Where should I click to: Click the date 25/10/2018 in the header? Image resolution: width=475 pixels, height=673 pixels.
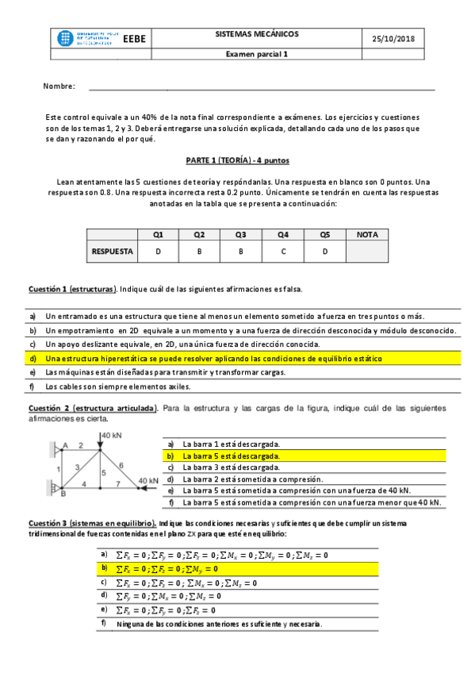pyautogui.click(x=393, y=39)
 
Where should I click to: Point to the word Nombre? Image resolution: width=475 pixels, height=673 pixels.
pyautogui.click(x=59, y=86)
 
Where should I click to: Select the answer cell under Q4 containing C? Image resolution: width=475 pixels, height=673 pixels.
pyautogui.click(x=283, y=252)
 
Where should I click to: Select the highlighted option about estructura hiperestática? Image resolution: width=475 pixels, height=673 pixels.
pyautogui.click(x=213, y=359)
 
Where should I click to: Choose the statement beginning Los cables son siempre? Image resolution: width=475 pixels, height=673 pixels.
pyautogui.click(x=118, y=386)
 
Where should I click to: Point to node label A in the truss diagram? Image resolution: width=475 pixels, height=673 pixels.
pyautogui.click(x=66, y=444)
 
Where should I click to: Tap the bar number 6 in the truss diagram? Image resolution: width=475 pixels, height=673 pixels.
pyautogui.click(x=121, y=465)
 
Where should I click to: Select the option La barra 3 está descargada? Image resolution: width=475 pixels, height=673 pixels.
pyautogui.click(x=231, y=467)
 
